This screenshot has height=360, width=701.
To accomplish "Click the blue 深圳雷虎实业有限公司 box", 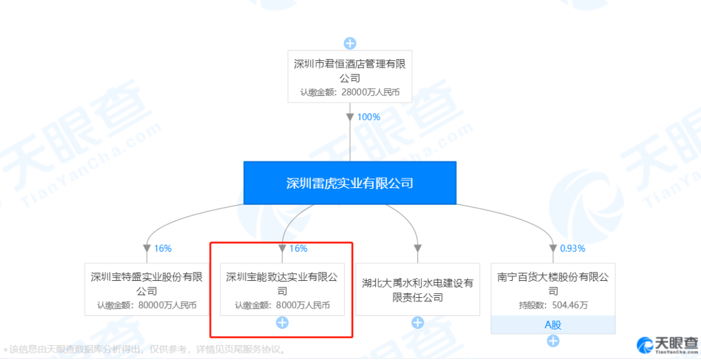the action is coord(350,183).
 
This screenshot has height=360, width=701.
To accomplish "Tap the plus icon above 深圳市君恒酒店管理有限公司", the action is coord(350,43).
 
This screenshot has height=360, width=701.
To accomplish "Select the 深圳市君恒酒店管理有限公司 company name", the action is coord(350,71).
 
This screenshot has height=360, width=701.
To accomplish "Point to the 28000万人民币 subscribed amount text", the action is coord(350,92).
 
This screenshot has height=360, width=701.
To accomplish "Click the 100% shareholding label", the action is coord(369,117).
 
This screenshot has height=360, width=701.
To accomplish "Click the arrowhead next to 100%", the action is coord(350,117).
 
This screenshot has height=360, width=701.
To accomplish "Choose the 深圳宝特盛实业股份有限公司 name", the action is coord(147,283).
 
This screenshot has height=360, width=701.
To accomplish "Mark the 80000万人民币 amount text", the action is coord(147,305).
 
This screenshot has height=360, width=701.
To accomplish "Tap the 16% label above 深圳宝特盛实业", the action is coord(163,248).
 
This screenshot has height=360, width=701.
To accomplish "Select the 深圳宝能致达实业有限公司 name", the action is coord(282,283).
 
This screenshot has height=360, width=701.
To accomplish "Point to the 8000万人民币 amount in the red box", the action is coord(282,305).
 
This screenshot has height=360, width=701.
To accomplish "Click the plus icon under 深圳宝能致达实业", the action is coord(282,322).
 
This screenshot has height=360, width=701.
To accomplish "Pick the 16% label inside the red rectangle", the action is coord(299,248).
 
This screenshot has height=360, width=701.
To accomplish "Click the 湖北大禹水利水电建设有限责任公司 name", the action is coord(418,290).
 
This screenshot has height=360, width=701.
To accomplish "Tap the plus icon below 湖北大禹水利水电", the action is coord(418,322).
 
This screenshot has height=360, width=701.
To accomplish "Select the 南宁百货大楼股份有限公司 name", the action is coord(553,283).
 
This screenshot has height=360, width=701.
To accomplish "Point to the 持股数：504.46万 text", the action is coord(553,305).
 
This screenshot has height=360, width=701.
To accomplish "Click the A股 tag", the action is coord(553,325).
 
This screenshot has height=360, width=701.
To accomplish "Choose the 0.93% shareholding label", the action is coord(572,248).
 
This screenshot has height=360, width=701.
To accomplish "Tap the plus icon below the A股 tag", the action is coord(553,341).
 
